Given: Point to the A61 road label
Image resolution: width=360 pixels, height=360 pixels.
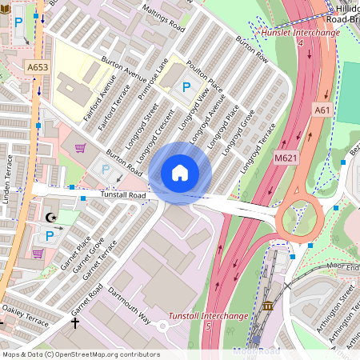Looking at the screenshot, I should (322, 110).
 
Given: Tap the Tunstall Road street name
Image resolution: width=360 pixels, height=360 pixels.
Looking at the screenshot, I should (123, 195).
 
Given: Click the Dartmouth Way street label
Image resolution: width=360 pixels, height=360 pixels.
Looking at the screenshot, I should (130, 305).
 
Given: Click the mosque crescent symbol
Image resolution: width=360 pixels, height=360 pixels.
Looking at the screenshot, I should (53, 217).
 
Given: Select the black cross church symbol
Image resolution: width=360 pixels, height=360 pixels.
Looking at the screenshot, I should (76, 324).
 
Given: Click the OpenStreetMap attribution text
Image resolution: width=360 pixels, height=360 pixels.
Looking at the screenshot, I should (80, 354).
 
